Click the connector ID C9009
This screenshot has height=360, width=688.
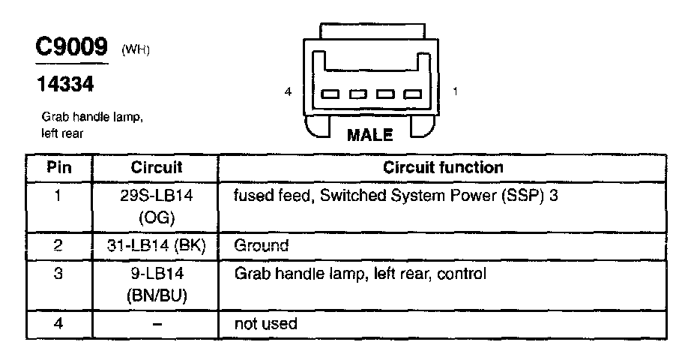click(73, 47)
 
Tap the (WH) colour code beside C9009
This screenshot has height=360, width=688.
click(136, 50)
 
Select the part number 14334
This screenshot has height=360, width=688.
click(66, 85)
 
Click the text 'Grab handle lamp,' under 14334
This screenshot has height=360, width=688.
click(91, 118)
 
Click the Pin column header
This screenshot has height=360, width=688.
click(58, 167)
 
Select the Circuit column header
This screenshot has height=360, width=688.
click(157, 167)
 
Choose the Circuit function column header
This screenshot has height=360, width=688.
click(443, 167)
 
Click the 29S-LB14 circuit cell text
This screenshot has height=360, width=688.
click(157, 196)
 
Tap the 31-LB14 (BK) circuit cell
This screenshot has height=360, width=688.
click(157, 245)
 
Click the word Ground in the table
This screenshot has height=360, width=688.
click(262, 245)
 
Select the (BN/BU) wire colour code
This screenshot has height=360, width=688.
click(157, 295)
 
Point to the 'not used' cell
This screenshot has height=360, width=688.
click(265, 324)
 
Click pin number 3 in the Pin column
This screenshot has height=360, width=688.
click(58, 274)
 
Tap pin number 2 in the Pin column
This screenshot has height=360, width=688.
click(58, 245)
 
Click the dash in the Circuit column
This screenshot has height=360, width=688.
click(157, 324)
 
